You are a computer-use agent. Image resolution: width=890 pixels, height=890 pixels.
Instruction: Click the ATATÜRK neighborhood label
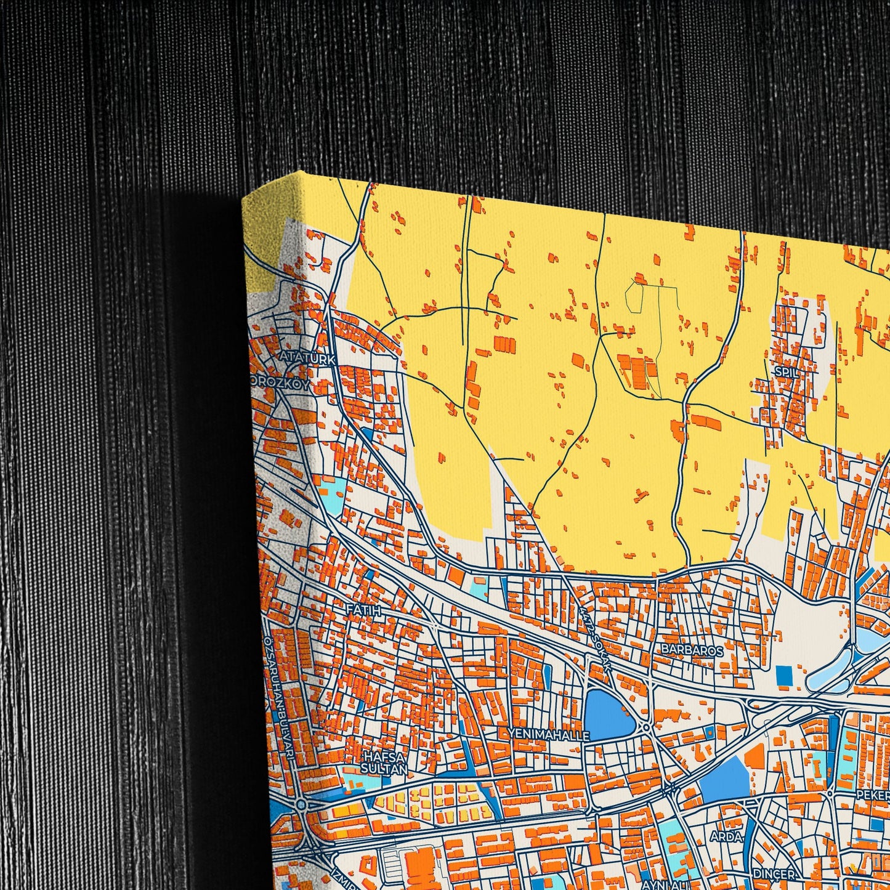click(307, 358)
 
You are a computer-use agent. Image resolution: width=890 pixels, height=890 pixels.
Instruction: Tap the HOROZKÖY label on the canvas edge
click(280, 382)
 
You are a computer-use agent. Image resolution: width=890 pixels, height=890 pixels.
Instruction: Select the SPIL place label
click(786, 372)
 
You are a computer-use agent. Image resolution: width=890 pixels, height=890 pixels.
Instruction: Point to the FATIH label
click(364, 610)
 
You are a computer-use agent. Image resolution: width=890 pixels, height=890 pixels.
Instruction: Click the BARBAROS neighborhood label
click(692, 649)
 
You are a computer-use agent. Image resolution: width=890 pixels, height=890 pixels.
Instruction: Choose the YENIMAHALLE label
click(549, 735)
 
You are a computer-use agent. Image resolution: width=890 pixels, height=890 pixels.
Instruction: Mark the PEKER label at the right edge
click(873, 795)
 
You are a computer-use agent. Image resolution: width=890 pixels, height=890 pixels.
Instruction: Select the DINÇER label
click(774, 873)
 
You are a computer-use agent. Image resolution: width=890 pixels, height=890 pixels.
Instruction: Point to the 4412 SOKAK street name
click(592, 634)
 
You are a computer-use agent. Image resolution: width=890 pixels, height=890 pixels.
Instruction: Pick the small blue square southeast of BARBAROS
click(784, 674)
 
